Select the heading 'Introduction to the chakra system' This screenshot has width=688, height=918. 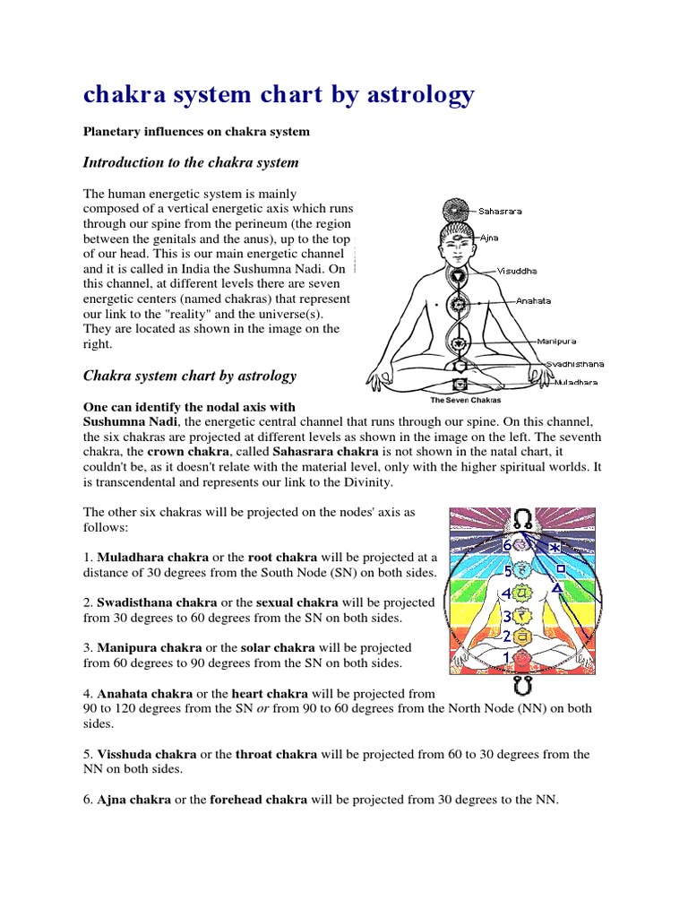(x=190, y=162)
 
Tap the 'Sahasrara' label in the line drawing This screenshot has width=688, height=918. (x=500, y=212)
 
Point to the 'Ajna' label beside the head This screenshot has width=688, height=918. (x=490, y=238)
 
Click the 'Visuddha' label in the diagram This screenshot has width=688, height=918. (x=520, y=270)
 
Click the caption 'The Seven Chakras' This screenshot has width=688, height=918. (x=465, y=400)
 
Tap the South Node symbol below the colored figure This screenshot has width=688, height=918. (x=525, y=688)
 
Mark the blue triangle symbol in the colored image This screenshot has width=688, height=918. (x=557, y=588)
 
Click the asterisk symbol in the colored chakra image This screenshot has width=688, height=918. (x=555, y=547)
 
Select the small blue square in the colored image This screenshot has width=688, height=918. (x=559, y=568)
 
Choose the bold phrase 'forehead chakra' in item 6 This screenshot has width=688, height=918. (x=259, y=800)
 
